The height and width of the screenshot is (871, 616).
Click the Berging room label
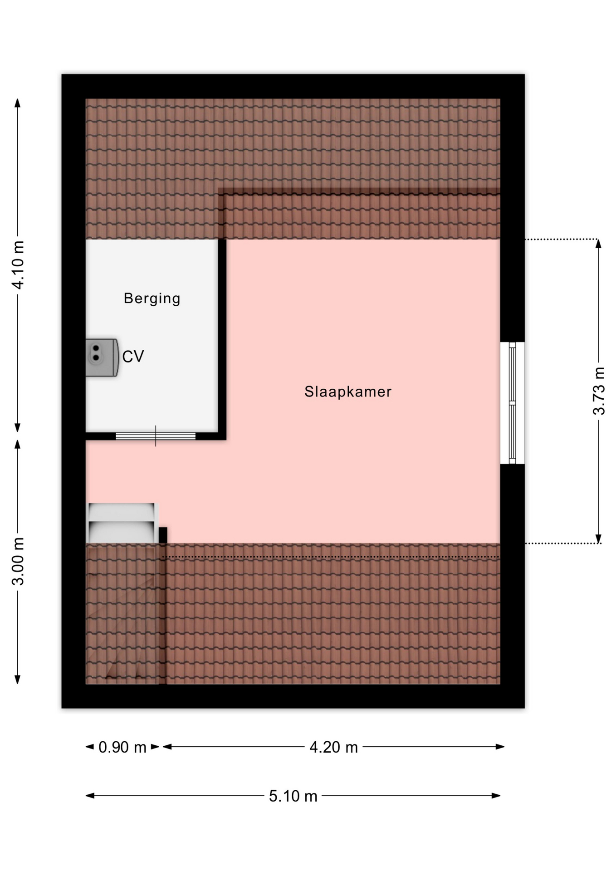[152, 298]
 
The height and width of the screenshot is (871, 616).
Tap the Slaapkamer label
[348, 391]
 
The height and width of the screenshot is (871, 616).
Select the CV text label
[133, 357]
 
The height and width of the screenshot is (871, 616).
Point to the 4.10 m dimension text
[18, 265]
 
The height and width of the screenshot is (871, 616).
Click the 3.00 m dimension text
[18, 561]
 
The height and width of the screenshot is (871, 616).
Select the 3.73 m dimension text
[599, 391]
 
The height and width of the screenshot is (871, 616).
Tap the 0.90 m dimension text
[122, 747]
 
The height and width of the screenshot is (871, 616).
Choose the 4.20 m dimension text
[334, 747]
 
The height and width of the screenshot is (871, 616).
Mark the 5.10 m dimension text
[293, 796]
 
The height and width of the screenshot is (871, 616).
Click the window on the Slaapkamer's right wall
[513, 403]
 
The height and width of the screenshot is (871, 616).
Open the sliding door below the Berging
[156, 436]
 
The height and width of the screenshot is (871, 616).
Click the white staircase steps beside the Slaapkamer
[122, 523]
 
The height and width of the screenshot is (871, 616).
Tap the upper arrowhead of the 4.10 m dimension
[18, 103]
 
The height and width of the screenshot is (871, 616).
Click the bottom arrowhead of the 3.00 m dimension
[18, 679]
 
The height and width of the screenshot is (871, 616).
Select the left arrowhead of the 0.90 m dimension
[90, 747]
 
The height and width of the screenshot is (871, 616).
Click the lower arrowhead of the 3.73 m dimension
[598, 538]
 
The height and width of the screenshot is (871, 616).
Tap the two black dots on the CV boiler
[96, 353]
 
